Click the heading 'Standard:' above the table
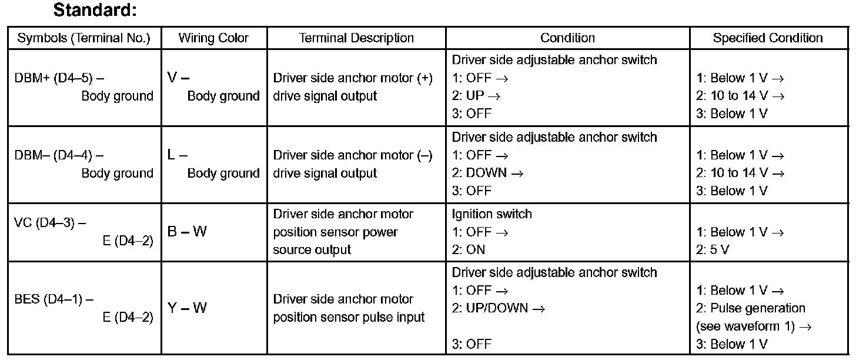[95, 10]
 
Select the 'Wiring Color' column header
[213, 38]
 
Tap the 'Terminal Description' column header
[356, 38]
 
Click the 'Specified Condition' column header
[768, 38]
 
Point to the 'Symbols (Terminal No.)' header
[84, 38]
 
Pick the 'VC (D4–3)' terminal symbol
[50, 223]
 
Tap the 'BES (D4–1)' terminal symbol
[53, 299]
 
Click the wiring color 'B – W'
[188, 232]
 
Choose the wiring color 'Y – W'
[188, 308]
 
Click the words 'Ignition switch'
[491, 214]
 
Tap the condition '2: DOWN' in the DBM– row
[480, 174]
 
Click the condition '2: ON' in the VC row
[469, 250]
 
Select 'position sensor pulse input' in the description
[349, 317]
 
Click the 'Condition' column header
[567, 38]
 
